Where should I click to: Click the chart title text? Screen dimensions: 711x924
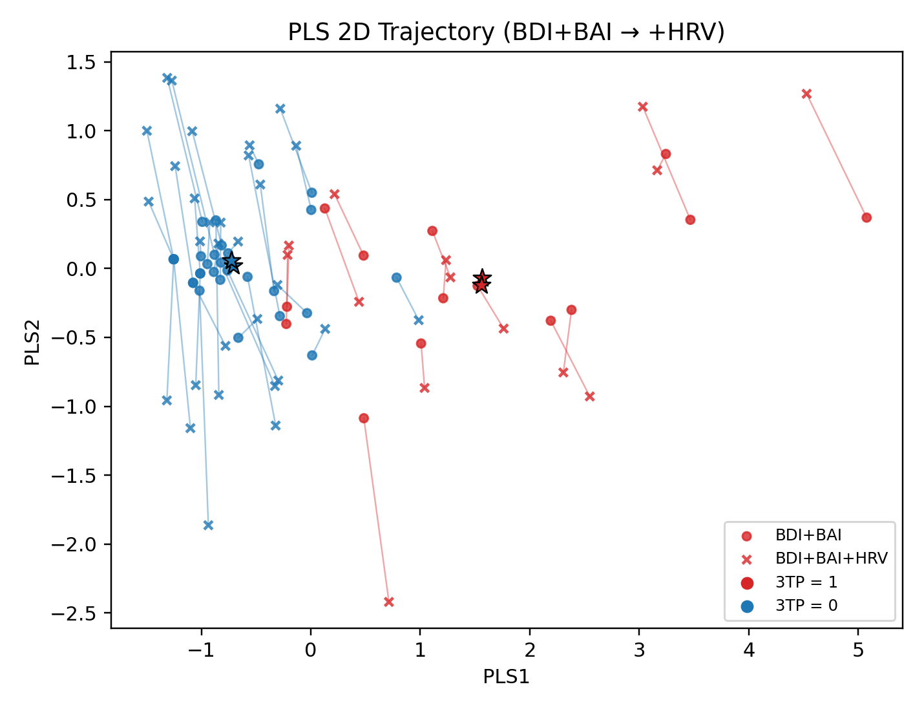pos(506,32)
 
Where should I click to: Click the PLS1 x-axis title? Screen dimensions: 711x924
pos(506,676)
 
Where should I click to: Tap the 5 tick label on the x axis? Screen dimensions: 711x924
pos(858,650)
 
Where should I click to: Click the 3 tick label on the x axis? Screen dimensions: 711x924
pos(639,650)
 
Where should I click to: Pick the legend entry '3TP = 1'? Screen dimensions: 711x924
pos(806,582)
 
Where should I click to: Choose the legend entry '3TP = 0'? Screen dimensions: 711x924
pos(806,606)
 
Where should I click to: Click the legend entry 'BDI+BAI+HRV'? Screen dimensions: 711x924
pos(831,558)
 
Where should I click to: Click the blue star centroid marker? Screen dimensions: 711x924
pos(232,263)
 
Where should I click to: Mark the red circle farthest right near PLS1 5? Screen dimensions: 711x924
pos(866,218)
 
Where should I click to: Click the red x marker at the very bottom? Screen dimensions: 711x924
pos(389,602)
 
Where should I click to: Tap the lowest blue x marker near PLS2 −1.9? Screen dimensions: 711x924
pos(208,525)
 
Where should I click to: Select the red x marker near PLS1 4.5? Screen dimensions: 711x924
pos(806,94)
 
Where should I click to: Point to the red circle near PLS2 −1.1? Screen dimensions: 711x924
pos(364,418)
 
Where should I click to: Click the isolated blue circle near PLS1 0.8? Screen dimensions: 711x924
pos(397,278)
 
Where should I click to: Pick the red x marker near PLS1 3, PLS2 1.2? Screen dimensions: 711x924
pos(642,107)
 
